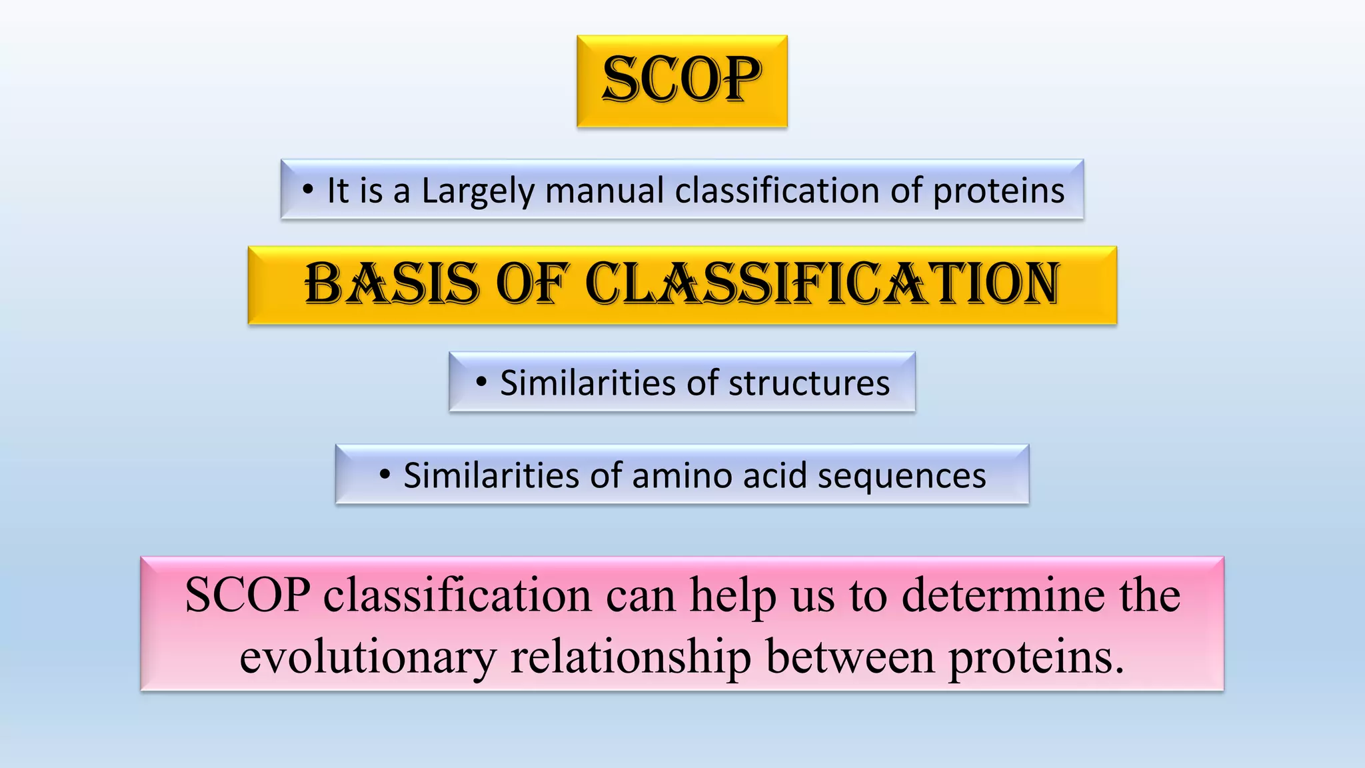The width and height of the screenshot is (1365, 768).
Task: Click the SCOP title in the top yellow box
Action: (681, 80)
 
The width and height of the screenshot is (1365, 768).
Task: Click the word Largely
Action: (478, 191)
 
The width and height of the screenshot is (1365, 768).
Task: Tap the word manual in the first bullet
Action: (604, 191)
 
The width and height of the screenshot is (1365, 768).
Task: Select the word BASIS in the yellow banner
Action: (392, 285)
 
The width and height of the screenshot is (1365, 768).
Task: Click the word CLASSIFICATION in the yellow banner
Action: (822, 285)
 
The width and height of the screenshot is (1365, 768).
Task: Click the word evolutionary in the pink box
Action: (367, 658)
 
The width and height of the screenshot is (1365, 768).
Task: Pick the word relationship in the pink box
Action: (630, 658)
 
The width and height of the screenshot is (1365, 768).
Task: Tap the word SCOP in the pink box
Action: (247, 595)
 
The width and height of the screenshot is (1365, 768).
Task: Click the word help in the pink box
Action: (732, 595)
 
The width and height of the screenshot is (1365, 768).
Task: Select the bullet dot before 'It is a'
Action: (307, 191)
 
